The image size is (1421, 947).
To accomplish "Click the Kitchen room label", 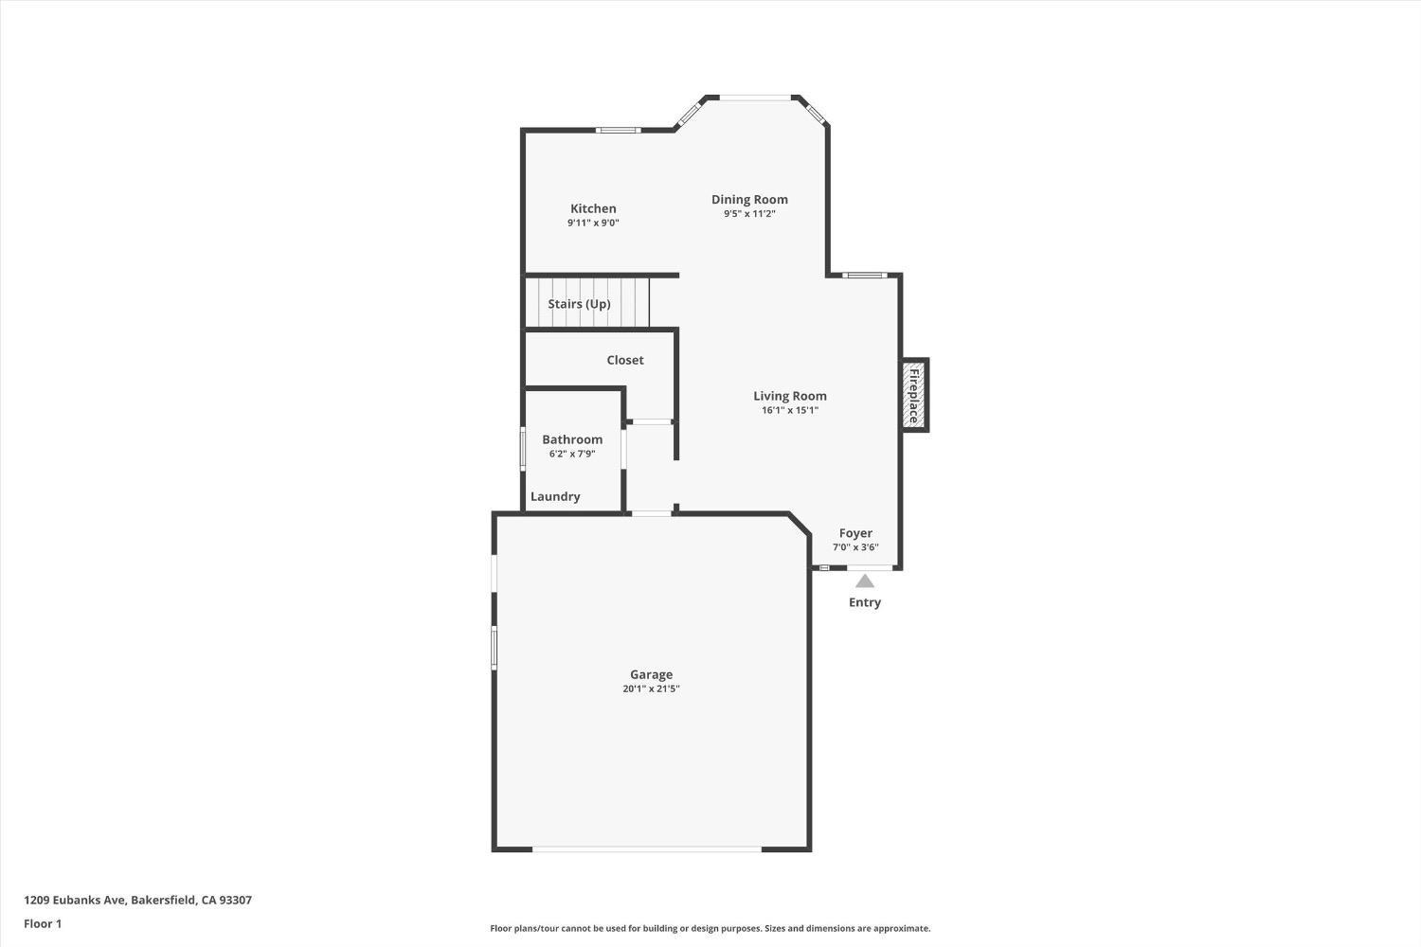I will point(593,208).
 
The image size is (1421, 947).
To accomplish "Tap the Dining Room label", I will point(749,199).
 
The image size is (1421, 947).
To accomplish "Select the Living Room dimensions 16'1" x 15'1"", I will point(789,410).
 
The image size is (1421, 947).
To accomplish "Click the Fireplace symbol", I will point(914,395).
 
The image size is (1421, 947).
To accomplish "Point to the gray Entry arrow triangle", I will point(865,581).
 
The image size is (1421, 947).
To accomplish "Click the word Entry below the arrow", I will point(865,602).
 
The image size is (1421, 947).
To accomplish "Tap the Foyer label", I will point(855,533).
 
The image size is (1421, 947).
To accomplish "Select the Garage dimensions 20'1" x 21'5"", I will point(651,688).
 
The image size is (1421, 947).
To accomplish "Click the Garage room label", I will point(651,674).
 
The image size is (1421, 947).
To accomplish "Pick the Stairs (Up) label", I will point(579,304).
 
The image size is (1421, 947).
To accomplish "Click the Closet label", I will point(625,360).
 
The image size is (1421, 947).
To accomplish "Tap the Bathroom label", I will point(572,439).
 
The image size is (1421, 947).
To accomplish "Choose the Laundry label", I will point(555,496).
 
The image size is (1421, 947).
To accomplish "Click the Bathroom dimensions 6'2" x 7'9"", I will point(572,454).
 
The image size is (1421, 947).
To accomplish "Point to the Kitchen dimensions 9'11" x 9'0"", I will point(593,223).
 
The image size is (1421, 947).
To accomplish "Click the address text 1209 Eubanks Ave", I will point(137,901).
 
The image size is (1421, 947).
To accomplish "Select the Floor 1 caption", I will point(43,923).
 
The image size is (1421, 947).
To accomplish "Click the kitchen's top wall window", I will point(618,130).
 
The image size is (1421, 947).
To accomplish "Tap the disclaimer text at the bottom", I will point(710,928).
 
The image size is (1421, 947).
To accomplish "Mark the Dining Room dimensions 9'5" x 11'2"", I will point(749,213).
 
